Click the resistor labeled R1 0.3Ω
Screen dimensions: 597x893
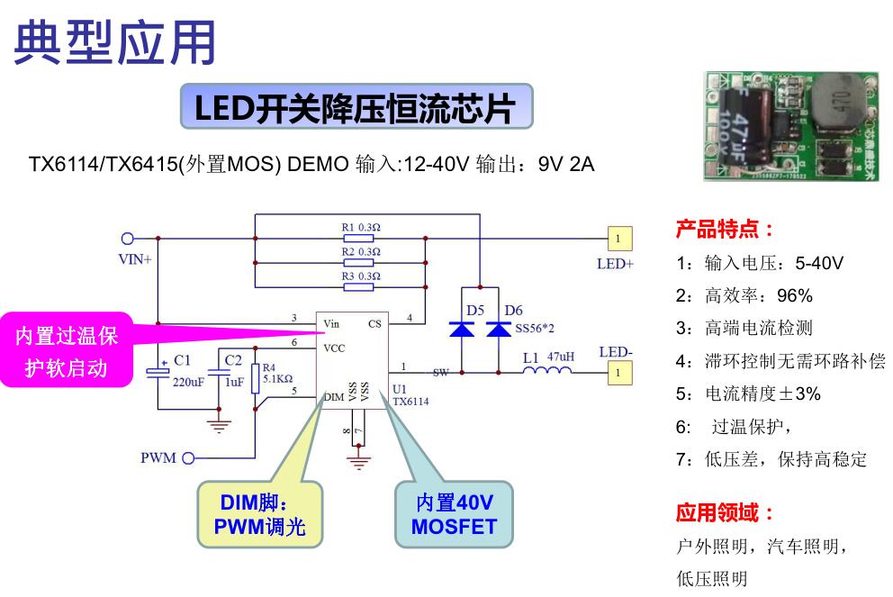[x=358, y=239]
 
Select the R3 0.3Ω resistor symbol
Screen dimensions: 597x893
[x=358, y=287]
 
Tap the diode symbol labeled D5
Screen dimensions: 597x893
[x=463, y=330]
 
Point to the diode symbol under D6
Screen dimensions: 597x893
[x=498, y=330]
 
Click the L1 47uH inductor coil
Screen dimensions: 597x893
[x=546, y=371]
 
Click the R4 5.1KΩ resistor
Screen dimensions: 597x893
[x=257, y=378]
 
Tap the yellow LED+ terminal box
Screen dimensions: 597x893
[x=618, y=239]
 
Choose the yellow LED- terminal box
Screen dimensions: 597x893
[x=618, y=371]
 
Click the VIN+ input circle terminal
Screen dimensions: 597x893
[x=128, y=239]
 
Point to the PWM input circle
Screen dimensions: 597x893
[x=189, y=458]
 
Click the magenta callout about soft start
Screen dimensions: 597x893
[x=65, y=351]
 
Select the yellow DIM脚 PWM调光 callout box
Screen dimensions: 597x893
[x=259, y=515]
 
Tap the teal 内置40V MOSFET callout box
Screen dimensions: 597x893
[x=454, y=515]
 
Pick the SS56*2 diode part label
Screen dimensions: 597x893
[x=534, y=330]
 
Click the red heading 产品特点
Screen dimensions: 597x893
[x=725, y=230]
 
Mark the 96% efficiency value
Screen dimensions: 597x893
[x=796, y=295]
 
